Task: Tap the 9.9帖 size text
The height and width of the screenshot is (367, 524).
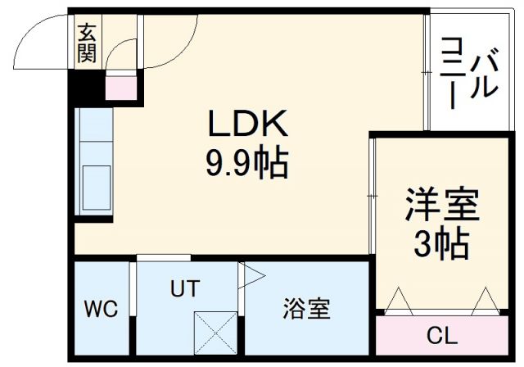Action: pyautogui.click(x=246, y=165)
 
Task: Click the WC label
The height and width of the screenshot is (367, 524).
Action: pyautogui.click(x=101, y=310)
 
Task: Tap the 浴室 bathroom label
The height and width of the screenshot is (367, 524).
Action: pyautogui.click(x=307, y=310)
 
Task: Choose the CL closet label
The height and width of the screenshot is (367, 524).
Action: pyautogui.click(x=443, y=336)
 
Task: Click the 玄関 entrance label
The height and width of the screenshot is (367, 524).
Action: pyautogui.click(x=87, y=43)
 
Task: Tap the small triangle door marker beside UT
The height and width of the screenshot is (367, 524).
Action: pyautogui.click(x=248, y=274)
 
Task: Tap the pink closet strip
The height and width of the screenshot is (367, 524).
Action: pyautogui.click(x=443, y=336)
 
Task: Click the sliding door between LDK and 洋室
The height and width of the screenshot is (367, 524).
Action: pyautogui.click(x=372, y=197)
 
